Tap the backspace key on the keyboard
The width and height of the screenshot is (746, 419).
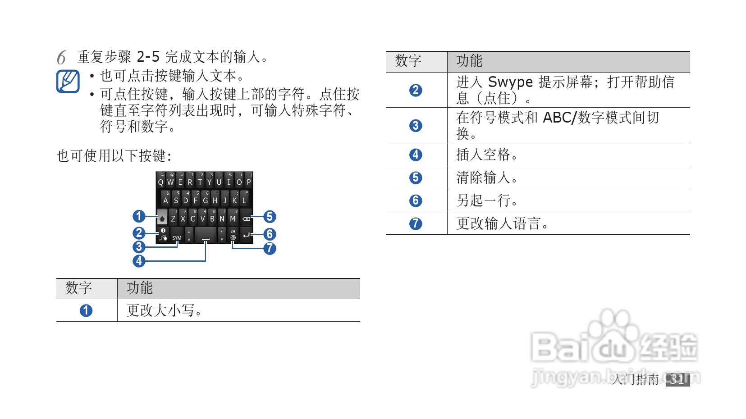tap(246, 219)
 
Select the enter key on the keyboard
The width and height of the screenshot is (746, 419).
tap(246, 235)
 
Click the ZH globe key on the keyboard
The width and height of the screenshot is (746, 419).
tap(233, 235)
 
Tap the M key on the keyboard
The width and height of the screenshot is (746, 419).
tap(233, 219)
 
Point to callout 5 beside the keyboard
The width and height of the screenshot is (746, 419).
tap(270, 217)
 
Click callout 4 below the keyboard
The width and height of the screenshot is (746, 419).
tap(139, 261)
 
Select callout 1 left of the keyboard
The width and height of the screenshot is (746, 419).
tap(139, 217)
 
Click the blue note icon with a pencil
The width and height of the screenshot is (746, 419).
tap(68, 81)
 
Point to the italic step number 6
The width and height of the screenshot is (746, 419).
tap(61, 58)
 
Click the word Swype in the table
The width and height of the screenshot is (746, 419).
tap(510, 82)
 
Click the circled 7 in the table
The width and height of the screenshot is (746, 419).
tap(416, 223)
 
